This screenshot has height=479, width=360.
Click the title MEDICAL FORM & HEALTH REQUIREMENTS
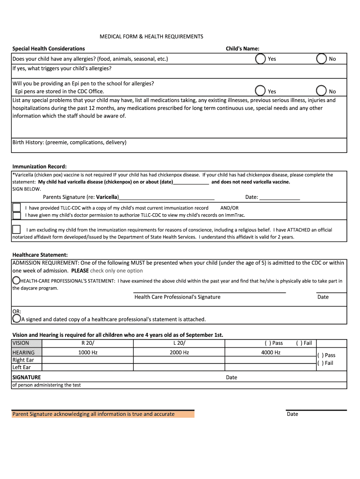click(x=151, y=36)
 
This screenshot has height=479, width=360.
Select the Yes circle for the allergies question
click(x=260, y=59)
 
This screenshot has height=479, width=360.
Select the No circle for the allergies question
click(x=322, y=59)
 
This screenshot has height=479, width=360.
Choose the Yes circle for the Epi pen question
click(x=260, y=91)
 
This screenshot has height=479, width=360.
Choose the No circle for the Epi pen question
click(x=322, y=91)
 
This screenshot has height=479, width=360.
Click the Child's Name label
click(x=242, y=49)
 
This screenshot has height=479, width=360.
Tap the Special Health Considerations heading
click(x=49, y=49)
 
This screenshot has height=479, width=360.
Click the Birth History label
click(x=69, y=142)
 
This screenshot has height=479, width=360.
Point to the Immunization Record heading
click(x=39, y=167)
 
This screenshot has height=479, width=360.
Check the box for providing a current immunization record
click(x=16, y=207)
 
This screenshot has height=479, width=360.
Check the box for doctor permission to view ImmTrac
click(x=16, y=216)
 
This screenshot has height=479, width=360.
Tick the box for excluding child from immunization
click(x=16, y=229)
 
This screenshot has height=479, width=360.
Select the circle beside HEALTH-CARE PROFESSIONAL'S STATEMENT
click(x=16, y=280)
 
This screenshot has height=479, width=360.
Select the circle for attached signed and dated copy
click(x=16, y=319)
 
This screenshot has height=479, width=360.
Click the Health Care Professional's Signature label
click(x=177, y=297)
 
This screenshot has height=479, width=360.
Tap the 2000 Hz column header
click(x=179, y=353)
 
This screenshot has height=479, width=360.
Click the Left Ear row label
click(x=22, y=367)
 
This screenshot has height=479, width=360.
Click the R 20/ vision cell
click(x=87, y=343)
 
